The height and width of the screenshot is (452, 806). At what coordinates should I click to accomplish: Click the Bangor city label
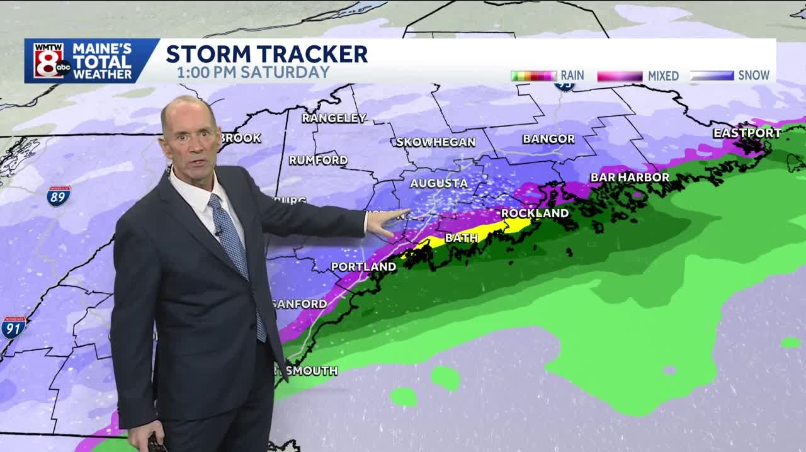tap(548, 138)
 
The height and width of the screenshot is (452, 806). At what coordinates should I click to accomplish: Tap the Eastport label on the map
tap(747, 133)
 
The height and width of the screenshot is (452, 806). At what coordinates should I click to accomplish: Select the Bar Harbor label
tap(629, 178)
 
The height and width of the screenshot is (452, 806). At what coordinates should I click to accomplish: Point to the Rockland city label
tap(535, 213)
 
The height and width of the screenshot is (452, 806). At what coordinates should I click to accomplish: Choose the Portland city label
tap(363, 267)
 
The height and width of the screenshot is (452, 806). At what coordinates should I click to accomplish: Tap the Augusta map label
tap(439, 183)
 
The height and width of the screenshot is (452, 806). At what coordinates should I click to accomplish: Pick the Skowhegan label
tap(436, 142)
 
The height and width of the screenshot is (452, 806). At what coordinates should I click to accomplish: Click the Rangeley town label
tap(334, 118)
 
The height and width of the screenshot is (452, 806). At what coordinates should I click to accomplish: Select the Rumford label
tap(318, 160)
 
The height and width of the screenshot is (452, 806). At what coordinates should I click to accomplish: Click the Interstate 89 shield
tap(59, 196)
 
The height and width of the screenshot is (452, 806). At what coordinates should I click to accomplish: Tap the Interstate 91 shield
tap(13, 327)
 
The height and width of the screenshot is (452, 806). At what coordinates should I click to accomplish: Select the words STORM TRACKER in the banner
tap(266, 54)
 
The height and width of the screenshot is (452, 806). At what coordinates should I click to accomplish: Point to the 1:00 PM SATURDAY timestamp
tap(253, 72)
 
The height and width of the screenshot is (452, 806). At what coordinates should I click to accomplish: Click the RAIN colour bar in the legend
tap(533, 76)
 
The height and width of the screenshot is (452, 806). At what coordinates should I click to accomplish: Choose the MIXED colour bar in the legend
tap(620, 76)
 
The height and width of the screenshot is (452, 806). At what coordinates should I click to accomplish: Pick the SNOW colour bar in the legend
tap(712, 76)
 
